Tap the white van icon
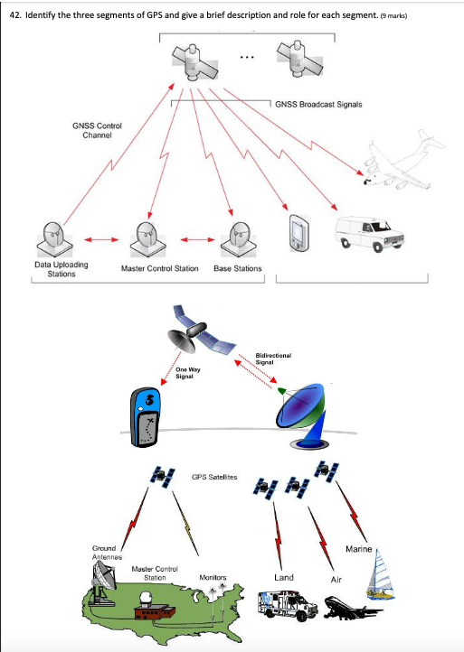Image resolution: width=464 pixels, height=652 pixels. tap(371, 234)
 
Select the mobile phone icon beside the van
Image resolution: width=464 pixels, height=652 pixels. tap(299, 231)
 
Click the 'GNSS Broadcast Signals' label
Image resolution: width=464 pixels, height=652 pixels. tap(318, 105)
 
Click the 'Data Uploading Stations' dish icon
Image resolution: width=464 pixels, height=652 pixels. tap(53, 238)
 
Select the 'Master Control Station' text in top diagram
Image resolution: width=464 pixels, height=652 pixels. tap(159, 268)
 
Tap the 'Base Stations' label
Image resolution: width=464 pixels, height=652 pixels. tap(237, 268)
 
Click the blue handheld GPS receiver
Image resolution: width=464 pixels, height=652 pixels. tap(147, 417)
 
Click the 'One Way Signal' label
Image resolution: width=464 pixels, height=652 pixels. tap(188, 373)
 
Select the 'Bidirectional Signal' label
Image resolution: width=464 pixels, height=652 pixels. tap(273, 359)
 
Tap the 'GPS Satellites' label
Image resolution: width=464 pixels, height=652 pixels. tap(215, 476)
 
